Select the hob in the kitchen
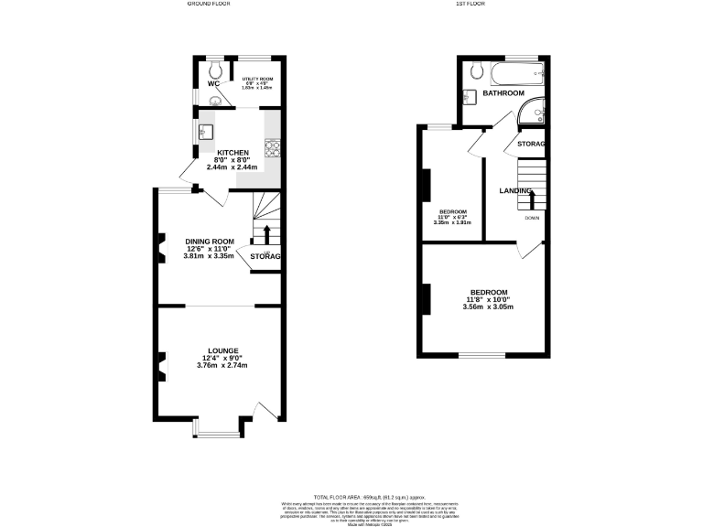click(272, 146)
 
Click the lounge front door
click(266, 413)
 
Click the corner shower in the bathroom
click(530, 113)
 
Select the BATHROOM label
click(503, 93)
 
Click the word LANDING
click(515, 190)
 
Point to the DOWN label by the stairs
click(532, 218)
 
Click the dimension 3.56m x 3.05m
click(487, 307)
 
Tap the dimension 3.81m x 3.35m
click(209, 255)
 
